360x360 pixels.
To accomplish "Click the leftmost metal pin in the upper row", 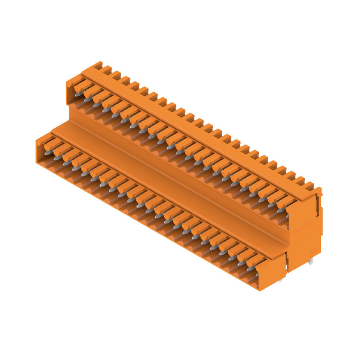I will pyautogui.click(x=78, y=94).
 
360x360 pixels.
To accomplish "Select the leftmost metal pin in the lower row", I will pyautogui.click(x=48, y=153).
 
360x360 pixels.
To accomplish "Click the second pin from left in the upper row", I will pyautogui.click(x=87, y=99).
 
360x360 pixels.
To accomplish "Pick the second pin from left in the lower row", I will pyautogui.click(x=57, y=158).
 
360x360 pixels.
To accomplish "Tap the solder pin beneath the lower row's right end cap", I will pyautogui.click(x=280, y=280).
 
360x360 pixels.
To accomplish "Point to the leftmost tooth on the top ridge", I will pyautogui.click(x=98, y=65).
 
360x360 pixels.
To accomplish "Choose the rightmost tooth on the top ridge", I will pyautogui.click(x=309, y=185).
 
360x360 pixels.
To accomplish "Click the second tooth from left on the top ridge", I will pyautogui.click(x=107, y=70).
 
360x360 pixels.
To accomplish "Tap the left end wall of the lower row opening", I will pyautogui.click(x=39, y=148).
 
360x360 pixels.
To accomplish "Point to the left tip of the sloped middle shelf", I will pyautogui.click(x=56, y=130).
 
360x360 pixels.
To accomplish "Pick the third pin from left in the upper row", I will pyautogui.click(x=96, y=105).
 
